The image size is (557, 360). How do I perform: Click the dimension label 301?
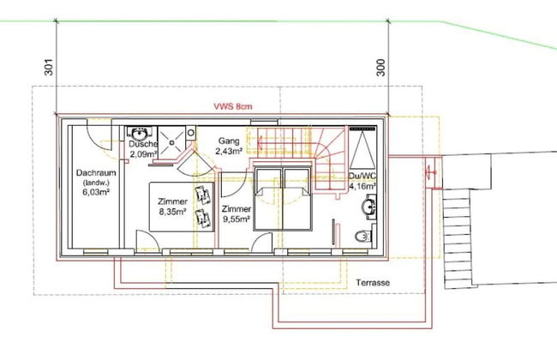tap(49, 67)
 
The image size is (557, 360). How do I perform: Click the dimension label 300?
tap(380, 67)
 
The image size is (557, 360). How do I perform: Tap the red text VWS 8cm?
tap(233, 106)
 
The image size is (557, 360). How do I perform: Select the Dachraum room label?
tap(96, 173)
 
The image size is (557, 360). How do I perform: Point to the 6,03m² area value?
tap(96, 192)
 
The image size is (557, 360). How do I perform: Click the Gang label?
tap(229, 141)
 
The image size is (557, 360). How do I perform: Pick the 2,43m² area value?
tap(229, 151)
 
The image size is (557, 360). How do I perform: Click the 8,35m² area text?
tap(173, 212)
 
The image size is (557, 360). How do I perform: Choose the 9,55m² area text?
tap(237, 219)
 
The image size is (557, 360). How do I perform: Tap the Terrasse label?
tap(373, 283)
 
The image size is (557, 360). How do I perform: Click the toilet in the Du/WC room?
tap(363, 236)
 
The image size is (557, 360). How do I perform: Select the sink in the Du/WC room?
tap(369, 207)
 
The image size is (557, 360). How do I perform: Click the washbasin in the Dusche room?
tap(139, 134)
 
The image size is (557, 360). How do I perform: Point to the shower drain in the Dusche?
tap(172, 142)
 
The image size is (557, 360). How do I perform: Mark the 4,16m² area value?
tap(363, 186)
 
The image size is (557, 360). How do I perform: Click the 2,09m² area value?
tap(143, 154)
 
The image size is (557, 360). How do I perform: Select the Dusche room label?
tap(143, 144)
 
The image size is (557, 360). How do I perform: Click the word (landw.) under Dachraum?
tap(96, 183)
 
